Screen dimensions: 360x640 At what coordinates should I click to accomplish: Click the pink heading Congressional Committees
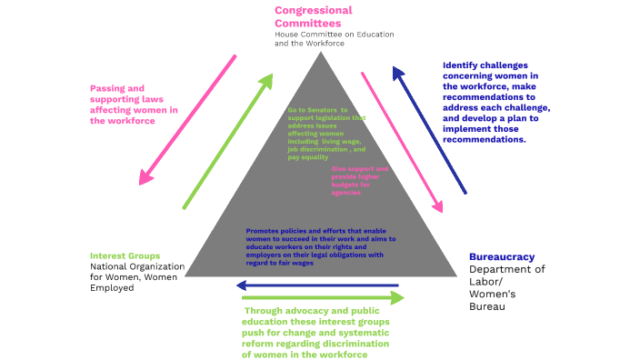click(313, 16)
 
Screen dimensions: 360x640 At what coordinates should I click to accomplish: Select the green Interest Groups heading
click(125, 255)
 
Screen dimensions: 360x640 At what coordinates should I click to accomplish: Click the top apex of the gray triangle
click(321, 54)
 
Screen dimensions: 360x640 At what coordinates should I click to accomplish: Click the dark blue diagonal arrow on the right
click(429, 129)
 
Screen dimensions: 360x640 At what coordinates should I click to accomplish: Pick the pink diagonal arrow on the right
click(402, 142)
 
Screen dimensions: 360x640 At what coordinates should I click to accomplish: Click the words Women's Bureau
click(492, 300)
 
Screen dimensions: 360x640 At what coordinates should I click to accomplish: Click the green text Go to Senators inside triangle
click(325, 132)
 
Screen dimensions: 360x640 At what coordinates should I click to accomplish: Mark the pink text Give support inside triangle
click(359, 180)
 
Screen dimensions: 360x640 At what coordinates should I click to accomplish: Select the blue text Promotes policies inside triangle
click(320, 243)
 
